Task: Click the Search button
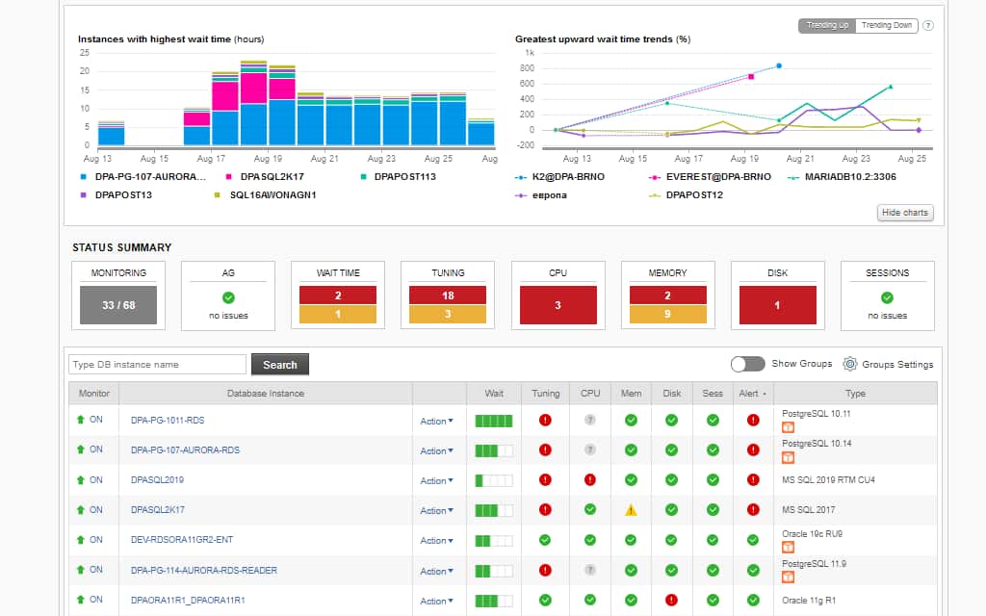[279, 365]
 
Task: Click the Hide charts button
[905, 213]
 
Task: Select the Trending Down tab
[886, 26]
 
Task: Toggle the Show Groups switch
[747, 364]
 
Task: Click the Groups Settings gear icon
[850, 364]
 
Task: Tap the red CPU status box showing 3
[558, 305]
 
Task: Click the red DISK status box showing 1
[777, 305]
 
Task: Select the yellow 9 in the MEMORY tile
[667, 314]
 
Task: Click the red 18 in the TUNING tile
[448, 295]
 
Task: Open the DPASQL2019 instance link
[157, 480]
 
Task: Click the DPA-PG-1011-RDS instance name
[168, 421]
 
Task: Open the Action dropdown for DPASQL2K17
[436, 511]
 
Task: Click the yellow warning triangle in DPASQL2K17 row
[631, 510]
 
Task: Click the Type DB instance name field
[157, 365]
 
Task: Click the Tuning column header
[545, 393]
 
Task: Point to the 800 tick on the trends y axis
[528, 68]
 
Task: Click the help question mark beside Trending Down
[928, 26]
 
